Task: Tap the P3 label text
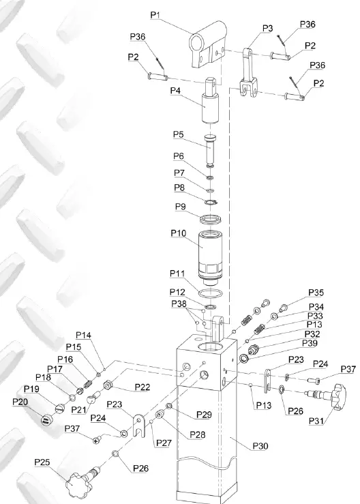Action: pos(267,28)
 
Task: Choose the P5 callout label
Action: pos(179,134)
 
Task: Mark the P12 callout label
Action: pos(177,292)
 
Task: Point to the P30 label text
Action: pos(260,445)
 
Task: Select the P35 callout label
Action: pos(316,292)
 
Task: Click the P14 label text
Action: pos(83,335)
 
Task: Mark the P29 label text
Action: pos(204,414)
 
